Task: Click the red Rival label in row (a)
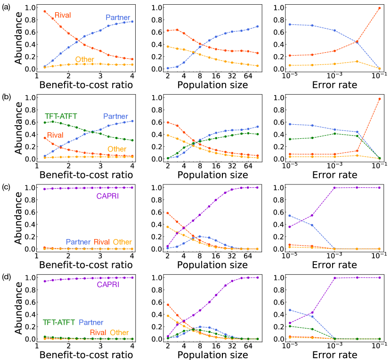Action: tap(63, 15)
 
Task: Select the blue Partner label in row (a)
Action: tap(117, 17)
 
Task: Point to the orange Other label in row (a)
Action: tap(85, 59)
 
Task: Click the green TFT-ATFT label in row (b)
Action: tap(61, 116)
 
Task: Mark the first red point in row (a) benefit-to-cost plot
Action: tap(44, 11)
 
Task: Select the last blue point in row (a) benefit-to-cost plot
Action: tap(131, 21)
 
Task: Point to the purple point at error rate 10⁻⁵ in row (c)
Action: tap(288, 227)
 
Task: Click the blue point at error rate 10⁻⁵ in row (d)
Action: tap(288, 310)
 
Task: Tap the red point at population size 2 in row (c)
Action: tap(167, 213)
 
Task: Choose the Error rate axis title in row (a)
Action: tap(334, 85)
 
